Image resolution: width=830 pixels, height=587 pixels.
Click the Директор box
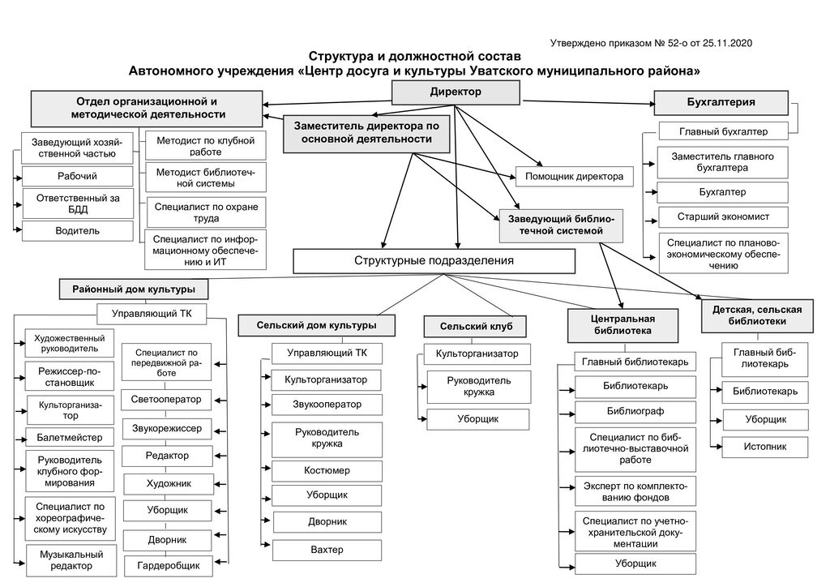click(456, 93)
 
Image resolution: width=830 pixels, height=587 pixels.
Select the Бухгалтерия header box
click(721, 103)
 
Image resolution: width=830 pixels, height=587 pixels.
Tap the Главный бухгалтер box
click(723, 131)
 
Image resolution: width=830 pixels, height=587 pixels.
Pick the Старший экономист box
click(723, 217)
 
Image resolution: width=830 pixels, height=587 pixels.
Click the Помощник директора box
click(574, 176)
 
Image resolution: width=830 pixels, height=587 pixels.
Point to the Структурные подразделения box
click(434, 260)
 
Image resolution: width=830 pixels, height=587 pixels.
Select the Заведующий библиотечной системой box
click(561, 225)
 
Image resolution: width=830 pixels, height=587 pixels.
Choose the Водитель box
click(78, 231)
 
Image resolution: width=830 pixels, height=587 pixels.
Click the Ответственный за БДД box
click(78, 203)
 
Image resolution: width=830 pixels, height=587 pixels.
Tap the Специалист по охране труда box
click(206, 212)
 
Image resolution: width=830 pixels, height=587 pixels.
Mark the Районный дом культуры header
click(133, 289)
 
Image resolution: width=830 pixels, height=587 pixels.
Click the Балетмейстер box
click(70, 438)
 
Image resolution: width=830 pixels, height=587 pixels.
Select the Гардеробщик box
click(168, 564)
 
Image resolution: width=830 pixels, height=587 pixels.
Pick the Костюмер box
click(327, 470)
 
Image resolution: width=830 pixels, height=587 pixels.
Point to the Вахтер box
click(327, 550)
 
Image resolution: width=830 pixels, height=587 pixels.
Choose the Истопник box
click(765, 446)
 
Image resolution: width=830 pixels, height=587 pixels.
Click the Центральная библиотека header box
click(622, 324)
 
